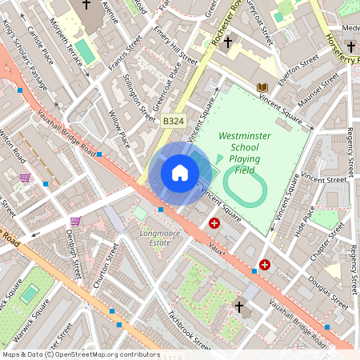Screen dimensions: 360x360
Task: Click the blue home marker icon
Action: point(180,173)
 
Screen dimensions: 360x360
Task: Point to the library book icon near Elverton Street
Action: point(262,87)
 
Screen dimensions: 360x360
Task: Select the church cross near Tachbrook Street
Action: point(238,306)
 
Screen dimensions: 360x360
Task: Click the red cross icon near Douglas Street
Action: point(265,264)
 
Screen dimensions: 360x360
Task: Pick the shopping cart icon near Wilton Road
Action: point(25,178)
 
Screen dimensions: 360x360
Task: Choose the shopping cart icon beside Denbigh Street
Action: point(75,221)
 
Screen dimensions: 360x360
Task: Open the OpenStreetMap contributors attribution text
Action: point(80,354)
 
